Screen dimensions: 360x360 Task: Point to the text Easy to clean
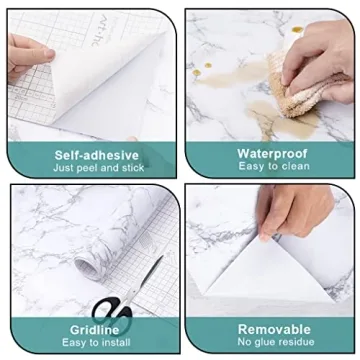[269, 167]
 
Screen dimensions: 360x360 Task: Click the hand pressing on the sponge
[325, 50]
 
